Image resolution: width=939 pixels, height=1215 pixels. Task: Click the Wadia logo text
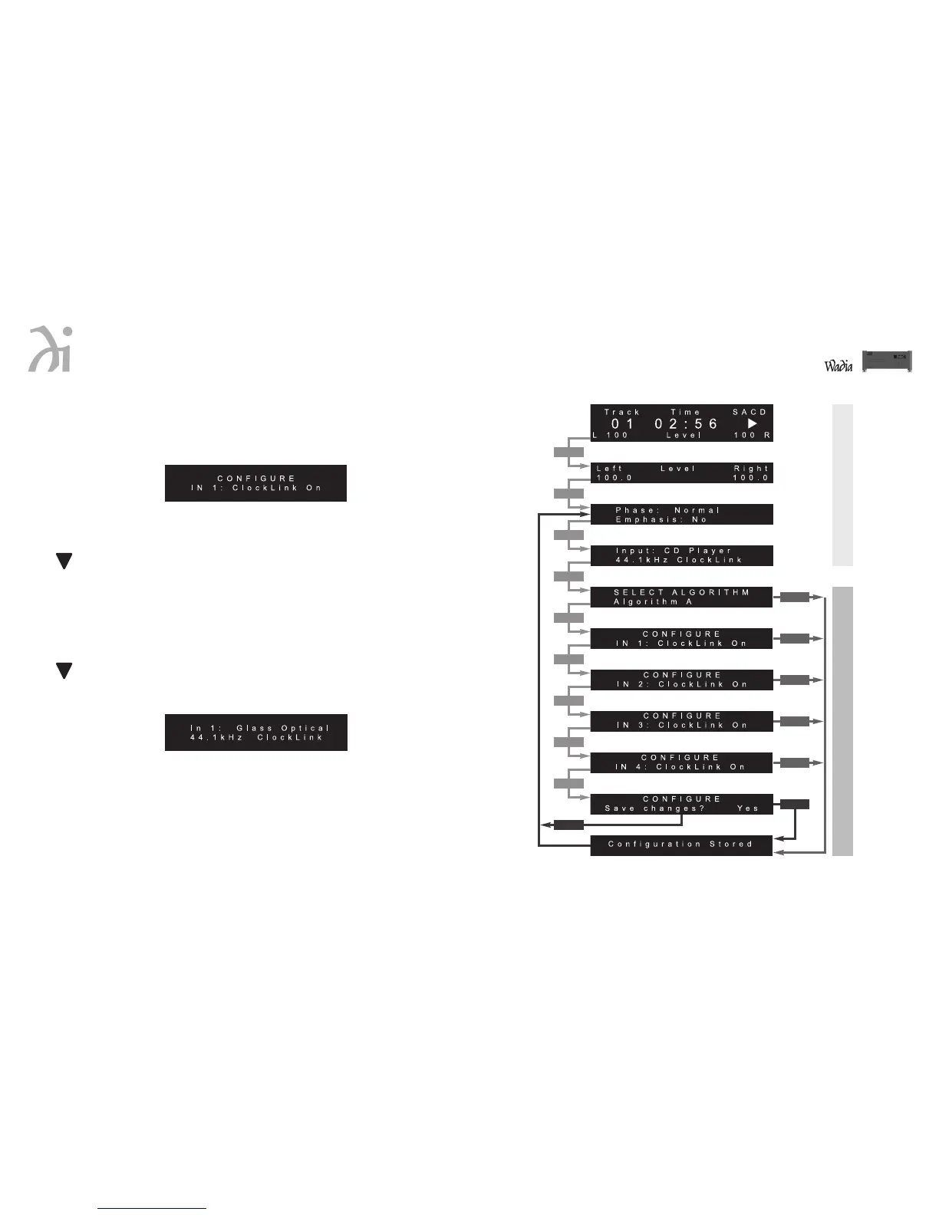(x=839, y=366)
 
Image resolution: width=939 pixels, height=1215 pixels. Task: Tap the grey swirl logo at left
(x=51, y=351)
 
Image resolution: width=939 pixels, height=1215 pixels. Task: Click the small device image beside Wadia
(x=887, y=361)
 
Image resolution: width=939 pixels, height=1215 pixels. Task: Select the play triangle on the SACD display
(x=752, y=423)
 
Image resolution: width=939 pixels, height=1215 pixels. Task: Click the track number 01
(x=622, y=423)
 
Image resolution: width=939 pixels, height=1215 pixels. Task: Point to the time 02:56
(x=686, y=423)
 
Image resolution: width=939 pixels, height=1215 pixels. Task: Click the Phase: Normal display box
(x=681, y=515)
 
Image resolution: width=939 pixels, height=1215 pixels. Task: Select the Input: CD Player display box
(x=681, y=555)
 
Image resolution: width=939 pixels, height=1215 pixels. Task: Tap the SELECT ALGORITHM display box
(x=681, y=597)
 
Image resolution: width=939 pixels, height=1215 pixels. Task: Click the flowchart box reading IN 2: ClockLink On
(x=681, y=680)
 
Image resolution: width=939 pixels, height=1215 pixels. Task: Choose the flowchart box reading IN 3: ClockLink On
(x=681, y=721)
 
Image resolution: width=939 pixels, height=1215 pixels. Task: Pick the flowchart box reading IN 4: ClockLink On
(x=681, y=762)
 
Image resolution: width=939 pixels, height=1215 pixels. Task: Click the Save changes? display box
(x=681, y=804)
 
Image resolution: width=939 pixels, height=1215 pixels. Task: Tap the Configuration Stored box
(x=681, y=845)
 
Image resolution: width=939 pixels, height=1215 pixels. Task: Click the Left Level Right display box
(x=681, y=473)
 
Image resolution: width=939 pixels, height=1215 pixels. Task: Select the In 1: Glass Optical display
(x=256, y=733)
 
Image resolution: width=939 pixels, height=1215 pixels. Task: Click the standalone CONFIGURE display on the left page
(x=256, y=483)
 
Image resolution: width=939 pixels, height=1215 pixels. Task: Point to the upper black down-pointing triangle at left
(x=64, y=561)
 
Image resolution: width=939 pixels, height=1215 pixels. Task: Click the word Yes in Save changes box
(x=747, y=808)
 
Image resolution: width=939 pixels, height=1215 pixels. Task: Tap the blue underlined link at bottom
(x=152, y=1208)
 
